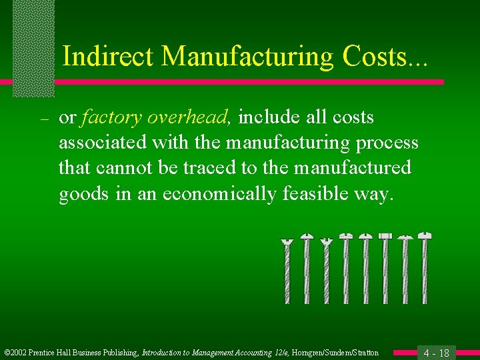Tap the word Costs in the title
click(374, 56)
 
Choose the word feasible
click(321, 193)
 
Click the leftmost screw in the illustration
click(287, 271)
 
